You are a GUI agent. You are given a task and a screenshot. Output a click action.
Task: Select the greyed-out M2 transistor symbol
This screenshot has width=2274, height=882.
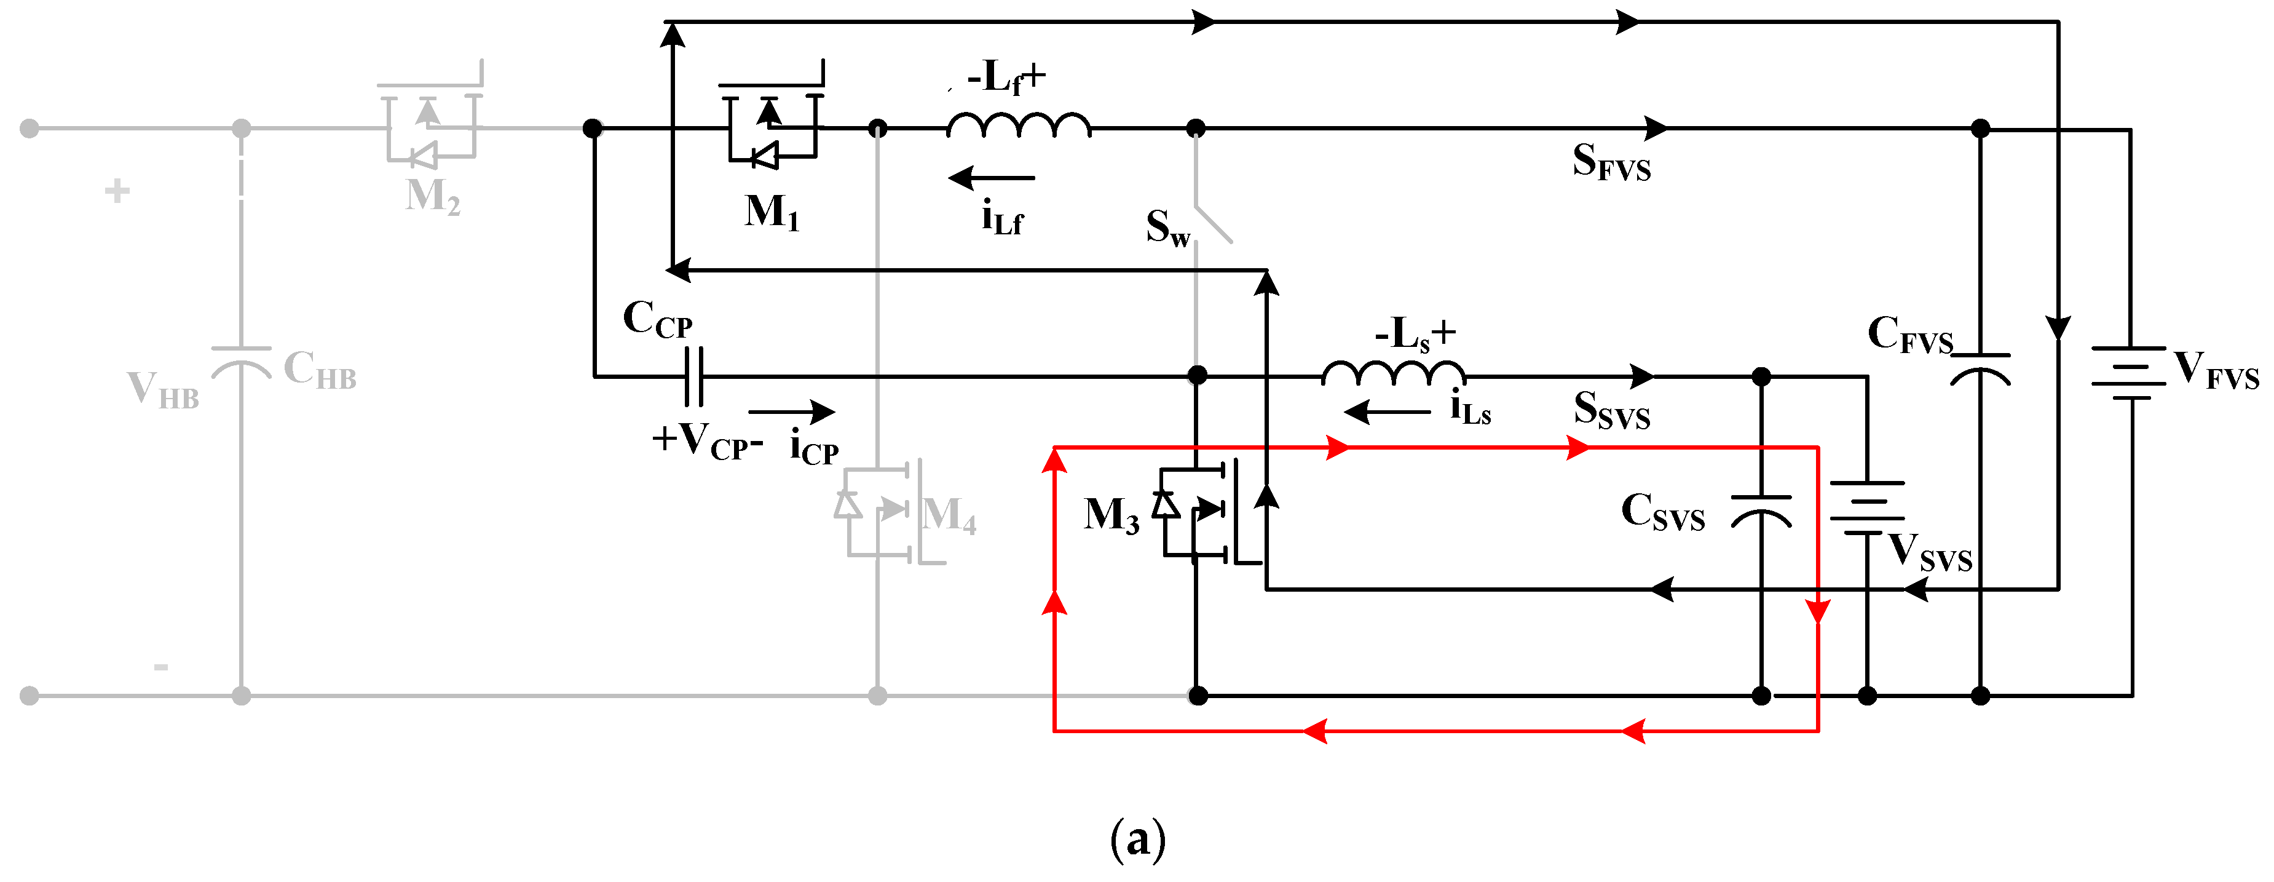[431, 128]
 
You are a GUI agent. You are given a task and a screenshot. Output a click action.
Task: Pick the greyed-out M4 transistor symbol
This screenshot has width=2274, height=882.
[883, 511]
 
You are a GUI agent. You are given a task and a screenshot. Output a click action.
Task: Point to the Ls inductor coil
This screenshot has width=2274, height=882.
[1393, 373]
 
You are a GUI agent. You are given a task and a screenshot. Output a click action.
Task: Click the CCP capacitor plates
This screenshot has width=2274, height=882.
[695, 376]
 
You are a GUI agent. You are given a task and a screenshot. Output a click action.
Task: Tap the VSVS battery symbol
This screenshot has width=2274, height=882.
[1866, 507]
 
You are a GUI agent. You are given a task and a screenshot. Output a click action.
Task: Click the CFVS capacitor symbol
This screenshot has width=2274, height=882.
[1980, 368]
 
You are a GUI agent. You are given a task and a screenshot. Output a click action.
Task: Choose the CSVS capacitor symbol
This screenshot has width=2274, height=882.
[1761, 511]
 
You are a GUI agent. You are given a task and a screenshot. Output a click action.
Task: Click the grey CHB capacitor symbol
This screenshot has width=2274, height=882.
[241, 362]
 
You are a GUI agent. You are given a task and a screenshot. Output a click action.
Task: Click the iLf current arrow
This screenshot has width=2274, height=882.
[990, 178]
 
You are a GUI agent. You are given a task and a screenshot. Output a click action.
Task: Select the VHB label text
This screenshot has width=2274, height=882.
[164, 389]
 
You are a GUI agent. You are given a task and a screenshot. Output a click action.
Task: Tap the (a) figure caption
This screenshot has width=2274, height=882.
[1137, 839]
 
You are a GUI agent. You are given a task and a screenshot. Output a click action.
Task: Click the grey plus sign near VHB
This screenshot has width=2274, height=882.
[117, 191]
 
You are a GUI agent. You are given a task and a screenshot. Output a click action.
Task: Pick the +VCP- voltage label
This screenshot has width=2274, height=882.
[707, 440]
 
